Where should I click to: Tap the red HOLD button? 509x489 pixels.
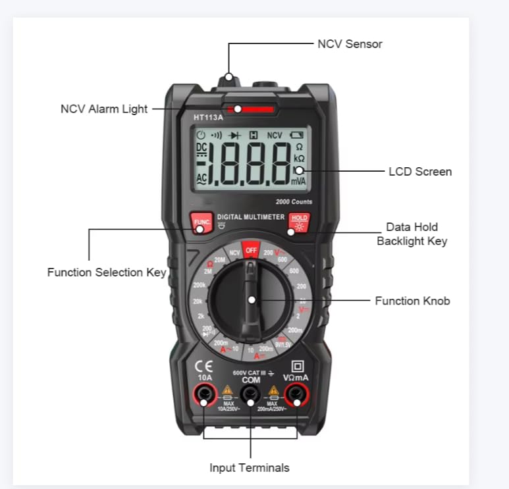pyautogui.click(x=299, y=222)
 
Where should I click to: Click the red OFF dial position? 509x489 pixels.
pyautogui.click(x=251, y=250)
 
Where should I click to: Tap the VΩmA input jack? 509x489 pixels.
pyautogui.click(x=297, y=395)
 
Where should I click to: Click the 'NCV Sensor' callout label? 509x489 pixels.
pyautogui.click(x=350, y=44)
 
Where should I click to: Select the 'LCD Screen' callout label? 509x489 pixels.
pyautogui.click(x=419, y=172)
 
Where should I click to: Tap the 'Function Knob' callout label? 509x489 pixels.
pyautogui.click(x=412, y=301)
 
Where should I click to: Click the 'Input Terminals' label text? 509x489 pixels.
pyautogui.click(x=249, y=468)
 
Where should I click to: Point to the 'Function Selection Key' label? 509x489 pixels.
pyautogui.click(x=106, y=272)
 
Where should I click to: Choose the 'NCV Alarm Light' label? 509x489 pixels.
pyautogui.click(x=104, y=109)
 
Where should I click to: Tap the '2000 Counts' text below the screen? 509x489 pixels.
pyautogui.click(x=294, y=201)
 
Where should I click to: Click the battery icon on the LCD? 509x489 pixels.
pyautogui.click(x=296, y=135)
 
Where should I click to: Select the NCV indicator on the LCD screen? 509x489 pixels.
pyautogui.click(x=274, y=135)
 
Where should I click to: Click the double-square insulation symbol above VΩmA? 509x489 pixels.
pyautogui.click(x=297, y=366)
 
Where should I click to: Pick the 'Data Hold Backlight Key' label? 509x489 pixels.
pyautogui.click(x=412, y=234)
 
